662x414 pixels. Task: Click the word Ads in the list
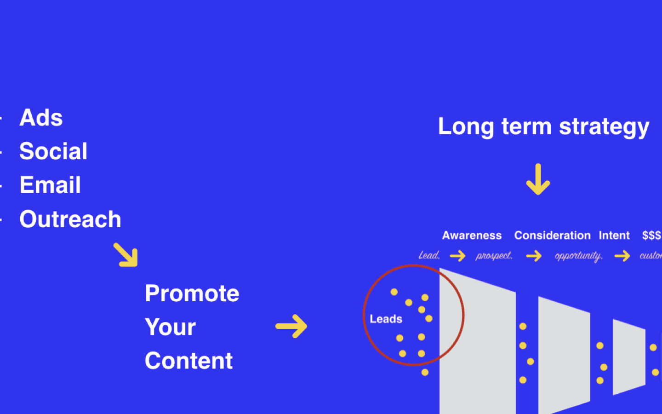coord(41,118)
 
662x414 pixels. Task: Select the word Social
coord(53,151)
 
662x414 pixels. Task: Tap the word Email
coord(50,185)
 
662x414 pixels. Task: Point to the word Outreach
coord(70,219)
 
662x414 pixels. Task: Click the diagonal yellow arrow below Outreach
coord(126,255)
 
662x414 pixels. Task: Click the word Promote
coord(192,293)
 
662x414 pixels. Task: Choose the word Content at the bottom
coord(188,361)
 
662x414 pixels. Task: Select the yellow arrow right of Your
coord(291,327)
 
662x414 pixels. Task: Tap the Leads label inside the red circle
coord(386,319)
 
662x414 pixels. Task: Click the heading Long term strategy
coord(543,126)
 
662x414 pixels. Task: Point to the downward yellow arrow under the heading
coord(538,179)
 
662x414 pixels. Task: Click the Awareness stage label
coord(472,236)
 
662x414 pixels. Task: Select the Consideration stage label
coord(552,236)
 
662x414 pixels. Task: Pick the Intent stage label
coord(614,236)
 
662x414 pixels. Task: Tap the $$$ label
coord(651,236)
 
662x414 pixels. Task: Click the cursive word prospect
coord(494,256)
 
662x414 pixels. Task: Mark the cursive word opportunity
coord(578,256)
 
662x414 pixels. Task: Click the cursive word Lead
coord(429,255)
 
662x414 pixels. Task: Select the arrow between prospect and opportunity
coord(534,256)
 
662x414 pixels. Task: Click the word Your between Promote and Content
coord(170,327)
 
